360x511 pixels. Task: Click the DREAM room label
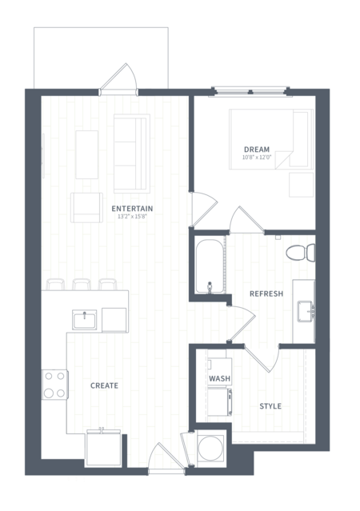tap(257, 150)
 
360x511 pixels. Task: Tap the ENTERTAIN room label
tap(132, 209)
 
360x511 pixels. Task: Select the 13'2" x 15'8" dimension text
tap(132, 216)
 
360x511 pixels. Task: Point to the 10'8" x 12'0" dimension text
tap(257, 157)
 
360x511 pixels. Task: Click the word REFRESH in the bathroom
tap(266, 293)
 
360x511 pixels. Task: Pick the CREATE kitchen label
tap(104, 385)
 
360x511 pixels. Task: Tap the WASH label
tap(219, 378)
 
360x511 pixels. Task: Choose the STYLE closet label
tap(270, 406)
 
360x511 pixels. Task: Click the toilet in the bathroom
tap(301, 252)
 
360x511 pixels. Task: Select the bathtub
tap(210, 266)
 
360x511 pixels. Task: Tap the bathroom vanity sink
tap(306, 312)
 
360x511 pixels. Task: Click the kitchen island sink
tap(85, 319)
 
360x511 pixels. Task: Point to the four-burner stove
tap(54, 385)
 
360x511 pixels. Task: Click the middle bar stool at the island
tap(82, 284)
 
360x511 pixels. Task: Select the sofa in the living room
tap(132, 154)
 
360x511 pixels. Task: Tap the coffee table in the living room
tap(86, 154)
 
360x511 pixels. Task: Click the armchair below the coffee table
tap(86, 208)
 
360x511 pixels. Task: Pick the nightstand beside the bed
tap(302, 185)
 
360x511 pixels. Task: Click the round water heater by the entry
tap(211, 448)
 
